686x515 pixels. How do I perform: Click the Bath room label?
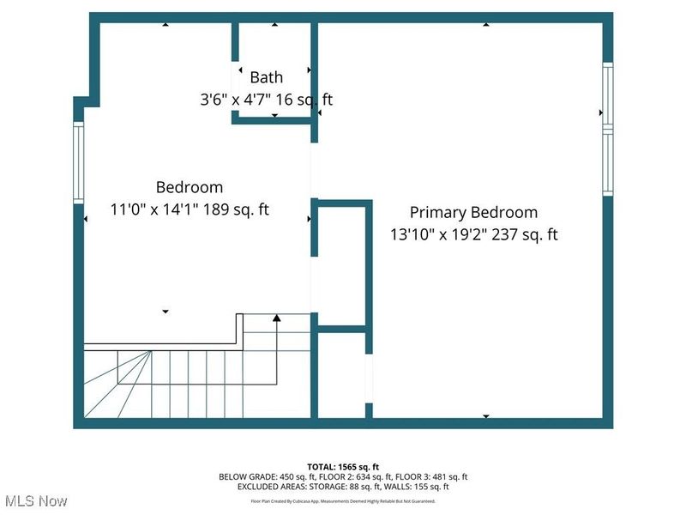[x=266, y=77]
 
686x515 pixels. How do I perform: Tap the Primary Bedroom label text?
[x=473, y=212]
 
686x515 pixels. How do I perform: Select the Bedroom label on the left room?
[x=190, y=186]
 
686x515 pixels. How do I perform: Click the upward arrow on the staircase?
[x=276, y=319]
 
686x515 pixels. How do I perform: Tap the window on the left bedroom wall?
[x=78, y=162]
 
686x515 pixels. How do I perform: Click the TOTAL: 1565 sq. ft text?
[x=343, y=466]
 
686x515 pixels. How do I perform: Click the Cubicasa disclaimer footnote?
[x=343, y=500]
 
